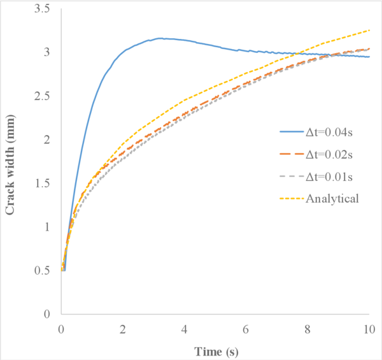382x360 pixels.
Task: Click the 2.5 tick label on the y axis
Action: click(x=43, y=96)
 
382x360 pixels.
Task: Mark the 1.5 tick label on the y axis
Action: click(x=43, y=184)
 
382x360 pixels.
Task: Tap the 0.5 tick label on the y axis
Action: click(x=43, y=271)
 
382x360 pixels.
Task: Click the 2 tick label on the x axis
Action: click(x=122, y=329)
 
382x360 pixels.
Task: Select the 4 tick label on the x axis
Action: click(x=184, y=329)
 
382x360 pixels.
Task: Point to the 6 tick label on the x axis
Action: click(x=246, y=329)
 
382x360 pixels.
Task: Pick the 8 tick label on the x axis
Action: click(x=308, y=329)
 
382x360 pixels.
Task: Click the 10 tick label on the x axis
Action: click(x=369, y=329)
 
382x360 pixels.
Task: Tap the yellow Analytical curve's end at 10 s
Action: click(x=369, y=30)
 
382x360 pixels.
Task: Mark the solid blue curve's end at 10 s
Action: click(x=369, y=57)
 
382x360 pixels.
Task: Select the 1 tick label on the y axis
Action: click(x=48, y=227)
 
